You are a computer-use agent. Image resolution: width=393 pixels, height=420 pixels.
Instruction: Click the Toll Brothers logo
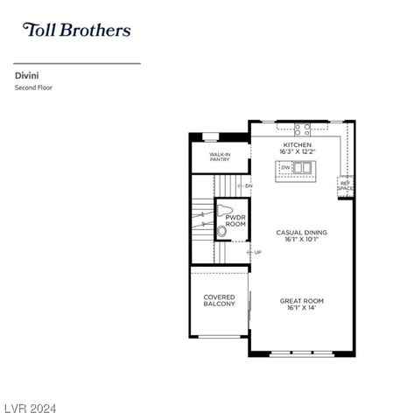(76, 31)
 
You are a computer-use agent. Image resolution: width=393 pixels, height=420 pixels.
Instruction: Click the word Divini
(25, 76)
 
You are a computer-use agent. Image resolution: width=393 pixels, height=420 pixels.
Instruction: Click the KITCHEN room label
(297, 144)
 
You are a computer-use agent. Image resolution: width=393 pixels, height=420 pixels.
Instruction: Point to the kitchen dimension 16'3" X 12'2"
(297, 152)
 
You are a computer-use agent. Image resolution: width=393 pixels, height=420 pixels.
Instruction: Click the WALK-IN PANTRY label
(220, 157)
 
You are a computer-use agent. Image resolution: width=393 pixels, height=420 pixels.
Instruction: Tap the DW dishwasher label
(285, 168)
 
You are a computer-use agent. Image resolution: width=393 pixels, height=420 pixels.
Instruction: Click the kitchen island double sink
(302, 168)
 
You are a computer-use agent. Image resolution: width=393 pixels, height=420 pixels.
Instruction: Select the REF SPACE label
(346, 186)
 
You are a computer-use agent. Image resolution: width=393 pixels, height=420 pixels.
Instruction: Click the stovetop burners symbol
(302, 129)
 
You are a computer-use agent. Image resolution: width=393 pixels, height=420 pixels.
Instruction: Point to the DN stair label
(249, 185)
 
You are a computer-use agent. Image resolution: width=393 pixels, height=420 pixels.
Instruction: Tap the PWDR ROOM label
(235, 220)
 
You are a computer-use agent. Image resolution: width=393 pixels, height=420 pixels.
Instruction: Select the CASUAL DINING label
(301, 232)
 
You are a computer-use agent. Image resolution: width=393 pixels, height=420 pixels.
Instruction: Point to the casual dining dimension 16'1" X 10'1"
(301, 240)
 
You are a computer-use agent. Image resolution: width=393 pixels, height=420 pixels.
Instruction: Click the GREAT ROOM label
(301, 300)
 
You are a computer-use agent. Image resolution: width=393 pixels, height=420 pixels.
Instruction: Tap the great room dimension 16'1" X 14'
(301, 308)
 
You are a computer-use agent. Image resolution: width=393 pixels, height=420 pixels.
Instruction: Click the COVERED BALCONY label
(220, 300)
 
